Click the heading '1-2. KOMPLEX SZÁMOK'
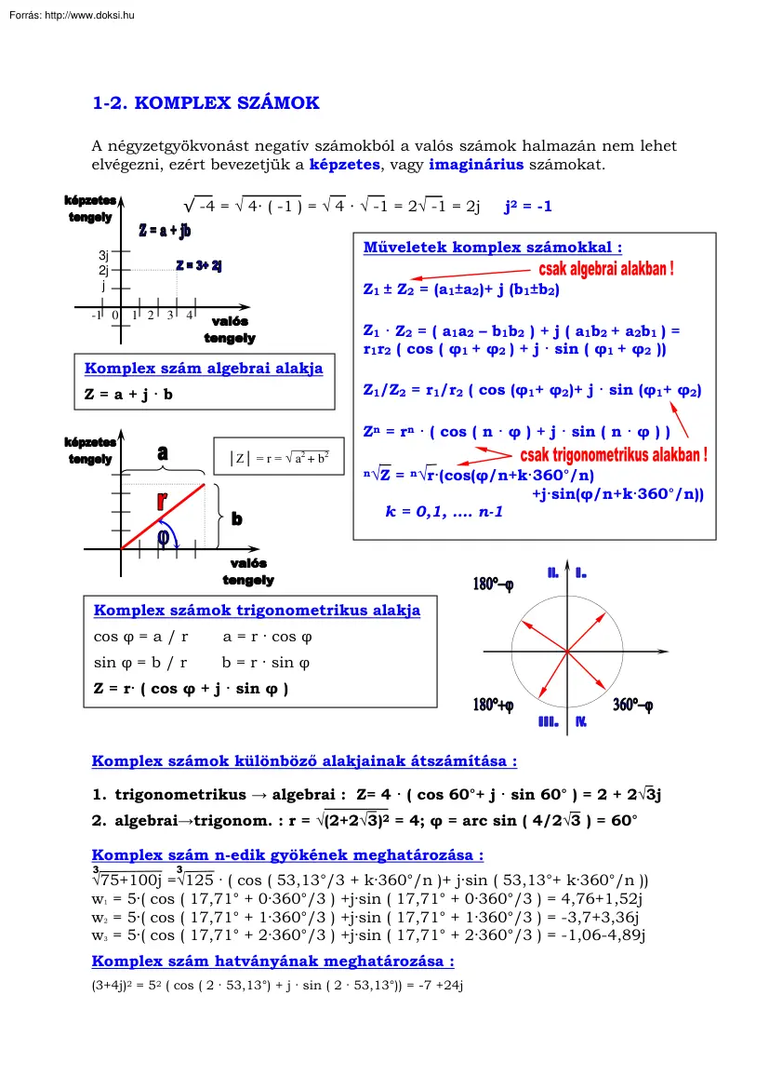206,103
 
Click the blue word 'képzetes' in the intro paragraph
344,165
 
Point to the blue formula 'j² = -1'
527,207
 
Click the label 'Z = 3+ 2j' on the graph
198,266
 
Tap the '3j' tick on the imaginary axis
104,255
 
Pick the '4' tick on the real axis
189,316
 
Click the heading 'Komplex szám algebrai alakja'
204,369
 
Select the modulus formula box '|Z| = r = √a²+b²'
279,458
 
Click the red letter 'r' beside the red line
162,500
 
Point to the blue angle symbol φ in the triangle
164,537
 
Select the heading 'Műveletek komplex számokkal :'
492,248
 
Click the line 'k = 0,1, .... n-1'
444,511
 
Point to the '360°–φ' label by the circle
632,706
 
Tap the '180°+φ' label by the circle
493,706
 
